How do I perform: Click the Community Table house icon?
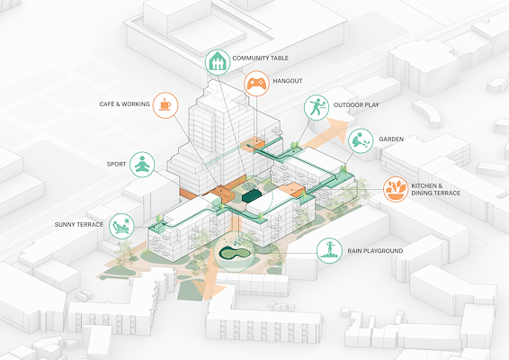[x=218, y=62]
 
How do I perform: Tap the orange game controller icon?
[x=257, y=84]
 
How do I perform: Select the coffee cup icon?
[x=165, y=105]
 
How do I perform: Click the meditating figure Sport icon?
[x=142, y=165]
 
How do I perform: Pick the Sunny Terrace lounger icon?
[x=121, y=226]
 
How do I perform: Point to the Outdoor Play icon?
[x=317, y=107]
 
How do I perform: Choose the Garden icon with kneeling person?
[x=361, y=141]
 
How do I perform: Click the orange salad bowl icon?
[x=396, y=189]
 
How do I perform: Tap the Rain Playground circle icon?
[x=329, y=250]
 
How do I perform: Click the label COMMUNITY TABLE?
[x=260, y=58]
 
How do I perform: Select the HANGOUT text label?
[x=288, y=81]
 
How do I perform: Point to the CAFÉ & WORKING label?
[x=124, y=104]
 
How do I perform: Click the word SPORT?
[x=116, y=164]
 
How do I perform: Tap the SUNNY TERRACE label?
[x=79, y=224]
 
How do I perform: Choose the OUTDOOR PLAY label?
[x=356, y=105]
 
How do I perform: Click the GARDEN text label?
[x=391, y=139]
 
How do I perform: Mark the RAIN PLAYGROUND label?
[x=375, y=251]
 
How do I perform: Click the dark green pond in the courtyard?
[x=234, y=253]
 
